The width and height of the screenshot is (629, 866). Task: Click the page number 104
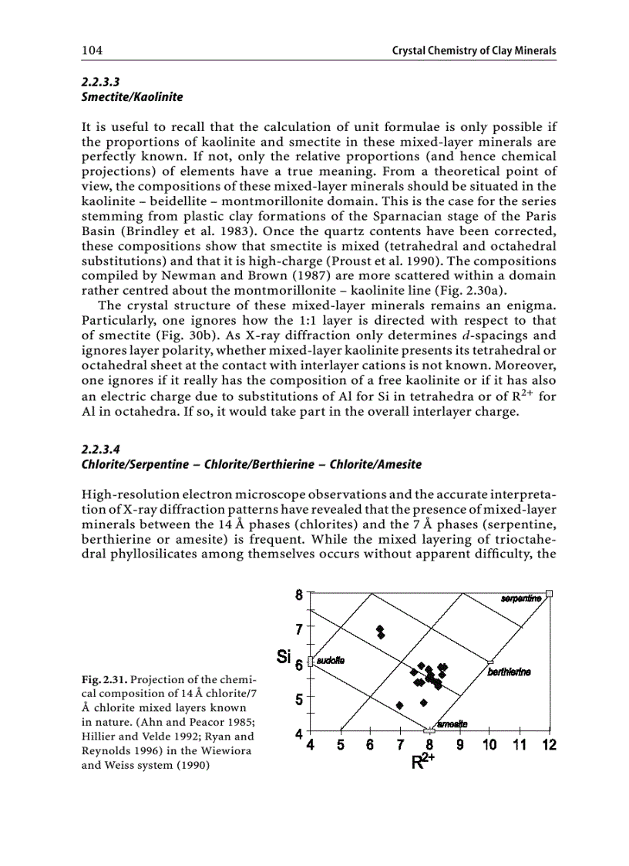(x=92, y=51)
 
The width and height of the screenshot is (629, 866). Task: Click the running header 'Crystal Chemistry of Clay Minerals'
(x=474, y=51)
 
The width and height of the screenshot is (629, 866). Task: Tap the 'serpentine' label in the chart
(x=520, y=598)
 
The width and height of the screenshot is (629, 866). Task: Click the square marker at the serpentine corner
(x=549, y=593)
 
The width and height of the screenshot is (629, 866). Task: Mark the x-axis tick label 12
(x=548, y=745)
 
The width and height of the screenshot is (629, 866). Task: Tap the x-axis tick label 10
(x=489, y=745)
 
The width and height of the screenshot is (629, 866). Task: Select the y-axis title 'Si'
(x=284, y=658)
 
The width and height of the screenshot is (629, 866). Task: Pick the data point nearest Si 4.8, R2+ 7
(x=399, y=705)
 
